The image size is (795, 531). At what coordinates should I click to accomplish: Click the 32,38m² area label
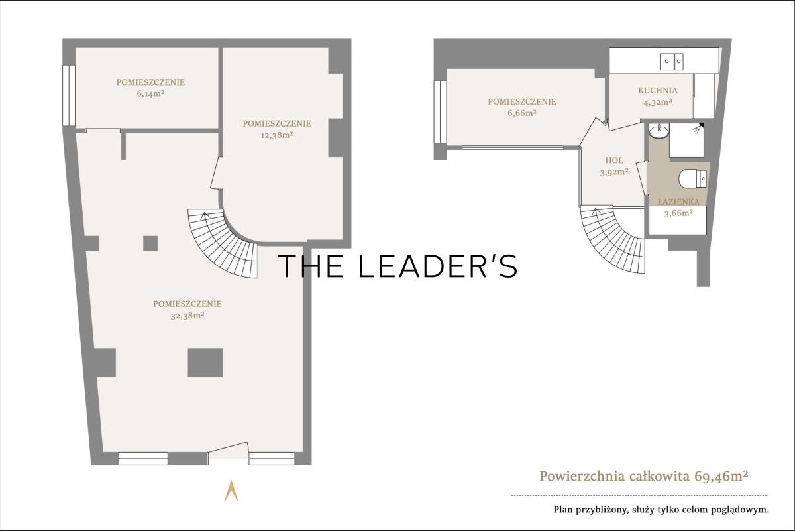[187, 316]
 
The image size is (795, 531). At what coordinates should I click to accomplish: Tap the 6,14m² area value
[150, 94]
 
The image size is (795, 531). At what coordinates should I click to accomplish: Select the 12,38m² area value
[277, 135]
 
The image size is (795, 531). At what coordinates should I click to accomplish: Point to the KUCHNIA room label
[658, 91]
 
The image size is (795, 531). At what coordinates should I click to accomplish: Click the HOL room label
[614, 160]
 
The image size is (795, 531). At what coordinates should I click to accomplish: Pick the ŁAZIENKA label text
[678, 202]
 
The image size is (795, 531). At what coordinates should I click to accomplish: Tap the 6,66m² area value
[522, 113]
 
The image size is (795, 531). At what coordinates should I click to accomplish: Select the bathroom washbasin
[659, 131]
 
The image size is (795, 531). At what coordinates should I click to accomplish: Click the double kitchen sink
[672, 62]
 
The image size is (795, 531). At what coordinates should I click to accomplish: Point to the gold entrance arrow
[231, 491]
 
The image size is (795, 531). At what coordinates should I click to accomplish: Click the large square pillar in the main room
[205, 363]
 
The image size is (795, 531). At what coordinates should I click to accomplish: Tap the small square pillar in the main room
[150, 244]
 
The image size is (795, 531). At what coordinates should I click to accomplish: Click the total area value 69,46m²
[721, 476]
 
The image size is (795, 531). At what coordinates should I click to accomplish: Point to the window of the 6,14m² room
[69, 95]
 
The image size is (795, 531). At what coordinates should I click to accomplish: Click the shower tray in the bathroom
[686, 141]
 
